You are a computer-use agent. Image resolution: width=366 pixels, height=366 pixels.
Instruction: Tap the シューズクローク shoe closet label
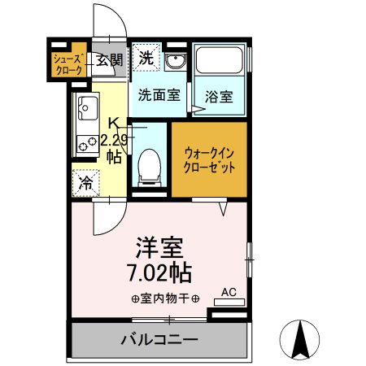point(68,65)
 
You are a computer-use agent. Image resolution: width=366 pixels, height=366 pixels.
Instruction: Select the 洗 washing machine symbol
point(146,57)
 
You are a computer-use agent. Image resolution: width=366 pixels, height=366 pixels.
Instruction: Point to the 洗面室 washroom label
point(159,94)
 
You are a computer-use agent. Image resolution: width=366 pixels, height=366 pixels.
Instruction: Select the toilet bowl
point(149,168)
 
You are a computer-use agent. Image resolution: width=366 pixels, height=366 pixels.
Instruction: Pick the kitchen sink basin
point(86,106)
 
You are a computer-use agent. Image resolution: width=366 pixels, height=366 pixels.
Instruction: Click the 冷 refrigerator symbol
point(85,183)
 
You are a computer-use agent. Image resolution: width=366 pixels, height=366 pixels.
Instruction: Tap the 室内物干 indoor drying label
point(159,298)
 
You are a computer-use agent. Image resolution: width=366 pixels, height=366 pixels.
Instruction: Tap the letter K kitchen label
point(115,124)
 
